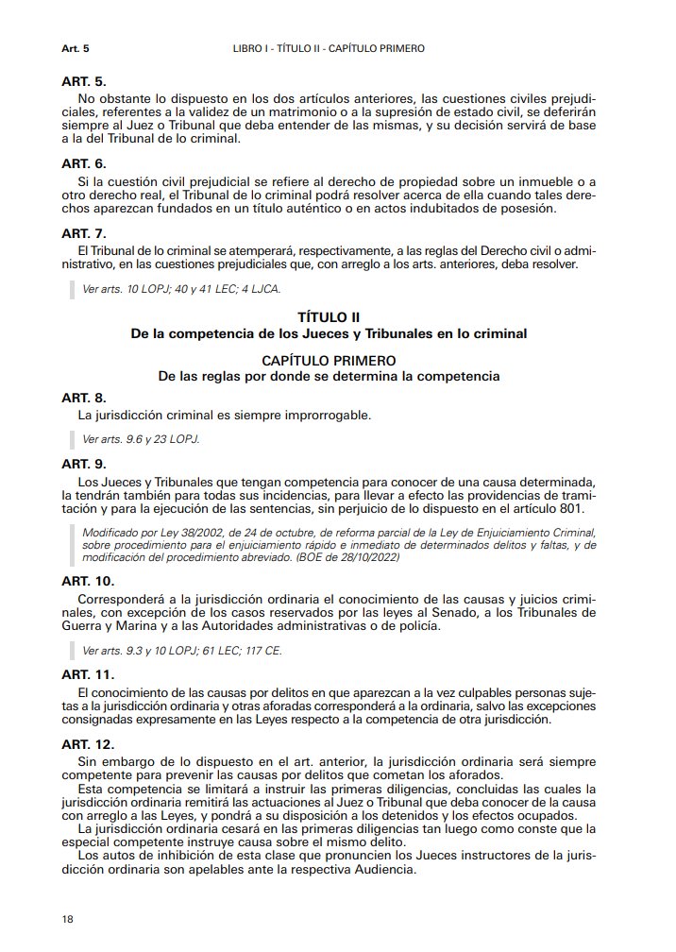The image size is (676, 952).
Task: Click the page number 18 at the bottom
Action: click(67, 918)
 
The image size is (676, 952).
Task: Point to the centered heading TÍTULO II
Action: click(328, 318)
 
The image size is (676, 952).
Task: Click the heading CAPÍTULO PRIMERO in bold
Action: click(328, 361)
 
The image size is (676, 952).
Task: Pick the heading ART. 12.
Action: click(91, 744)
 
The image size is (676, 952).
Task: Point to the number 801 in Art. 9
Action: click(571, 509)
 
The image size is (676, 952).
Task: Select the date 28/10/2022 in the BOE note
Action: click(366, 557)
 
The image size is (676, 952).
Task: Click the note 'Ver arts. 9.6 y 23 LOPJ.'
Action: click(142, 439)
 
